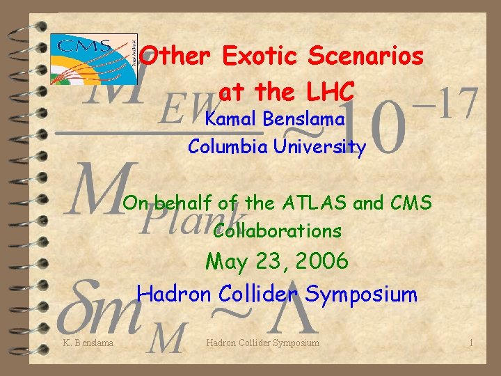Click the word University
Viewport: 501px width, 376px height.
pos(319,147)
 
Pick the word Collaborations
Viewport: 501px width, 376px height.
pos(278,230)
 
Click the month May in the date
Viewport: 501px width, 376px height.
pos(228,263)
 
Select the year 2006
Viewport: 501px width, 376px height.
pos(322,263)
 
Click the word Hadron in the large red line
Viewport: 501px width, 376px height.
pos(174,293)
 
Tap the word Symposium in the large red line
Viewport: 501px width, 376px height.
pos(361,294)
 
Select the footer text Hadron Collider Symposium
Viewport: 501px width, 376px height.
pos(263,343)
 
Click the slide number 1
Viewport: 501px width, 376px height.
pos(471,343)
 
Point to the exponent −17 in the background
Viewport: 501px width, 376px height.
pos(448,104)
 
